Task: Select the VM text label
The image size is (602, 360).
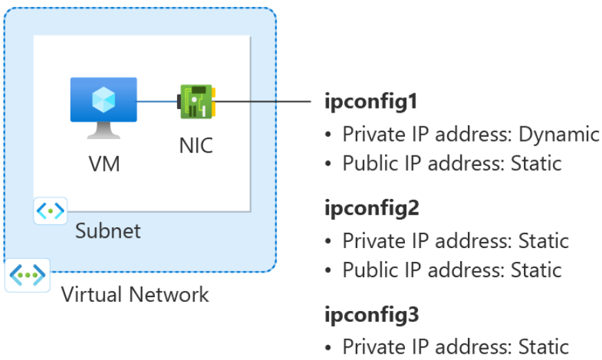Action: pyautogui.click(x=104, y=164)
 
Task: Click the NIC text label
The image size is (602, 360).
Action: pyautogui.click(x=196, y=146)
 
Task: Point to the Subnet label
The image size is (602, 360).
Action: pyautogui.click(x=108, y=230)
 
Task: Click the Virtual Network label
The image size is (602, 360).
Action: pyautogui.click(x=135, y=294)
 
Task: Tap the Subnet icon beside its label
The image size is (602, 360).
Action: pyautogui.click(x=50, y=209)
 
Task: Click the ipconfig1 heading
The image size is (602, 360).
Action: pyautogui.click(x=371, y=102)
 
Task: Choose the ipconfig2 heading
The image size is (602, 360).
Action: pyautogui.click(x=372, y=209)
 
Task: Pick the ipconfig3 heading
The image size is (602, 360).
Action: pyautogui.click(x=372, y=315)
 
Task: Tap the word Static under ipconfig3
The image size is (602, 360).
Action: pyautogui.click(x=538, y=346)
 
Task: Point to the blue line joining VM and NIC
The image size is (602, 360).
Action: pyautogui.click(x=157, y=102)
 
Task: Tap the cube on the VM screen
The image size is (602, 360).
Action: pyautogui.click(x=104, y=99)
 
